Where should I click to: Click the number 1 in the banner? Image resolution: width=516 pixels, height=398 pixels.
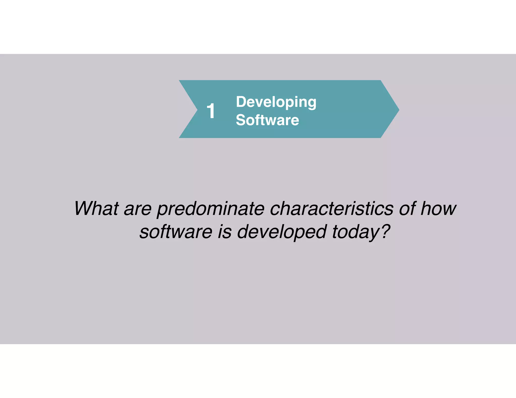click(211, 111)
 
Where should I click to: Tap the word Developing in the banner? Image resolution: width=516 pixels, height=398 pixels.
click(276, 102)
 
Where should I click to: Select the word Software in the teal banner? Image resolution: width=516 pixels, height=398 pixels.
click(267, 120)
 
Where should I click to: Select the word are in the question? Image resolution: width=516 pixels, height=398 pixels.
click(138, 209)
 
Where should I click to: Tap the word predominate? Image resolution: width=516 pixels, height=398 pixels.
click(211, 209)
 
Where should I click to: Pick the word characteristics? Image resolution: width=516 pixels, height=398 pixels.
click(332, 209)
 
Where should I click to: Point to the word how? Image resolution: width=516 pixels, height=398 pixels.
click(438, 209)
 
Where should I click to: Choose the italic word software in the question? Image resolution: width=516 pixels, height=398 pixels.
click(176, 232)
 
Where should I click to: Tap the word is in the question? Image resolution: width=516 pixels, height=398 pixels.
click(224, 232)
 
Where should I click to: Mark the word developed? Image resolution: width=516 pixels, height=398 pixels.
click(282, 232)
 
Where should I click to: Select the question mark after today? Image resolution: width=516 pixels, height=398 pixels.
click(385, 231)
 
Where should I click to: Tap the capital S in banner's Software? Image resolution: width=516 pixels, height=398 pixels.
click(241, 120)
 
